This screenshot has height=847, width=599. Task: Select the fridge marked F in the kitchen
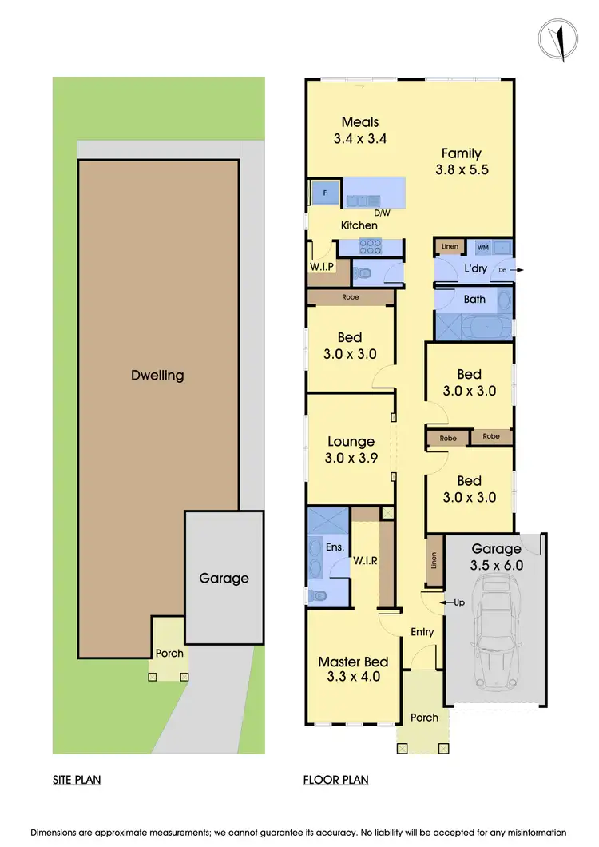coord(324,193)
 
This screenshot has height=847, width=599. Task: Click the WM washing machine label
coord(482,247)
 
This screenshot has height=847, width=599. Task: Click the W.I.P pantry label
coord(320,267)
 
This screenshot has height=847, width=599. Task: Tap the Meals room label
coord(360,122)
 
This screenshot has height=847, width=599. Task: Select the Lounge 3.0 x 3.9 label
coord(351,450)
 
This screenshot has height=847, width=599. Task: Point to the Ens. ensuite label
coord(335,547)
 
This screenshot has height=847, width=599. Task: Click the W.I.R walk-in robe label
coord(365,561)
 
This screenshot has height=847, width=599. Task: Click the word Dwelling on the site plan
coord(157,375)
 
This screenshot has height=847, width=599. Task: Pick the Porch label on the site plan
coord(169,653)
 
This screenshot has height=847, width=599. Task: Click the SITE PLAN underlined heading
coord(77,780)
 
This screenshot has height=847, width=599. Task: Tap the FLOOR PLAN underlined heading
coord(335,780)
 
